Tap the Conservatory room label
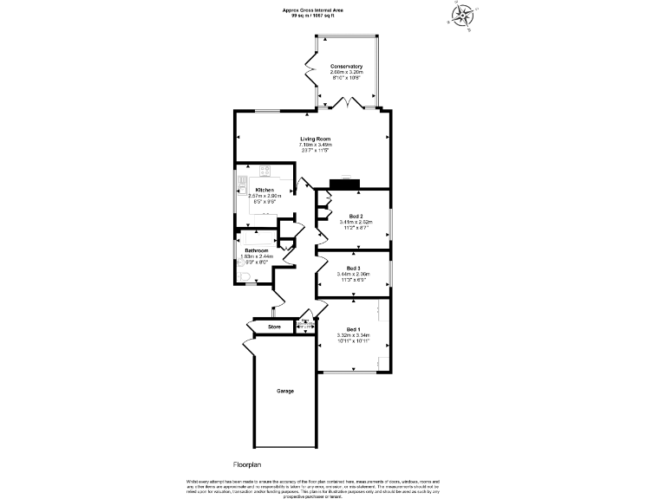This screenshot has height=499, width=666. (x=346, y=67)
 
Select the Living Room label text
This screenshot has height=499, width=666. (x=316, y=138)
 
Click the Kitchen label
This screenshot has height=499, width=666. (x=264, y=190)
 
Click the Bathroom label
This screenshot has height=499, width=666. (x=257, y=250)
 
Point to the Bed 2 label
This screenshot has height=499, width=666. (x=356, y=216)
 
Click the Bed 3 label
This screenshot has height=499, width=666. (x=353, y=269)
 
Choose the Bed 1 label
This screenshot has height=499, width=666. (x=353, y=329)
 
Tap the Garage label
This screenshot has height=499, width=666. (x=285, y=391)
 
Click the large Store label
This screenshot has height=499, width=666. (x=275, y=327)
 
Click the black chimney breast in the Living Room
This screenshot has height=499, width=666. (x=347, y=182)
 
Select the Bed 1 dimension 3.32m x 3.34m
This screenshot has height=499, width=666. (x=354, y=335)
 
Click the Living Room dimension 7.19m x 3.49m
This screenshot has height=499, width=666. (x=316, y=144)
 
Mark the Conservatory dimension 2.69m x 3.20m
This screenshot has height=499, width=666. (x=346, y=73)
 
